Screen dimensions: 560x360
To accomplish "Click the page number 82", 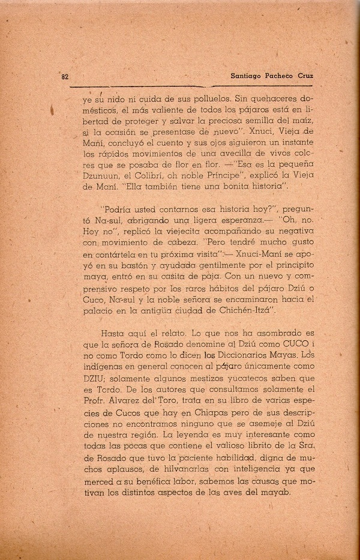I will click(x=66, y=77).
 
